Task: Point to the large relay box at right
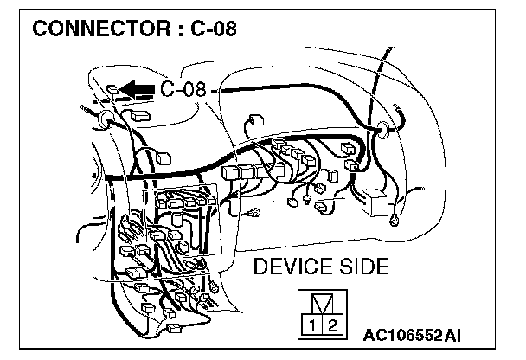point(378,202)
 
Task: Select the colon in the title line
point(183,30)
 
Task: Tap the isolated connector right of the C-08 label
point(256,120)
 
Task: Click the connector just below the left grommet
point(138,116)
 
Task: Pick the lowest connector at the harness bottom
point(173,328)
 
